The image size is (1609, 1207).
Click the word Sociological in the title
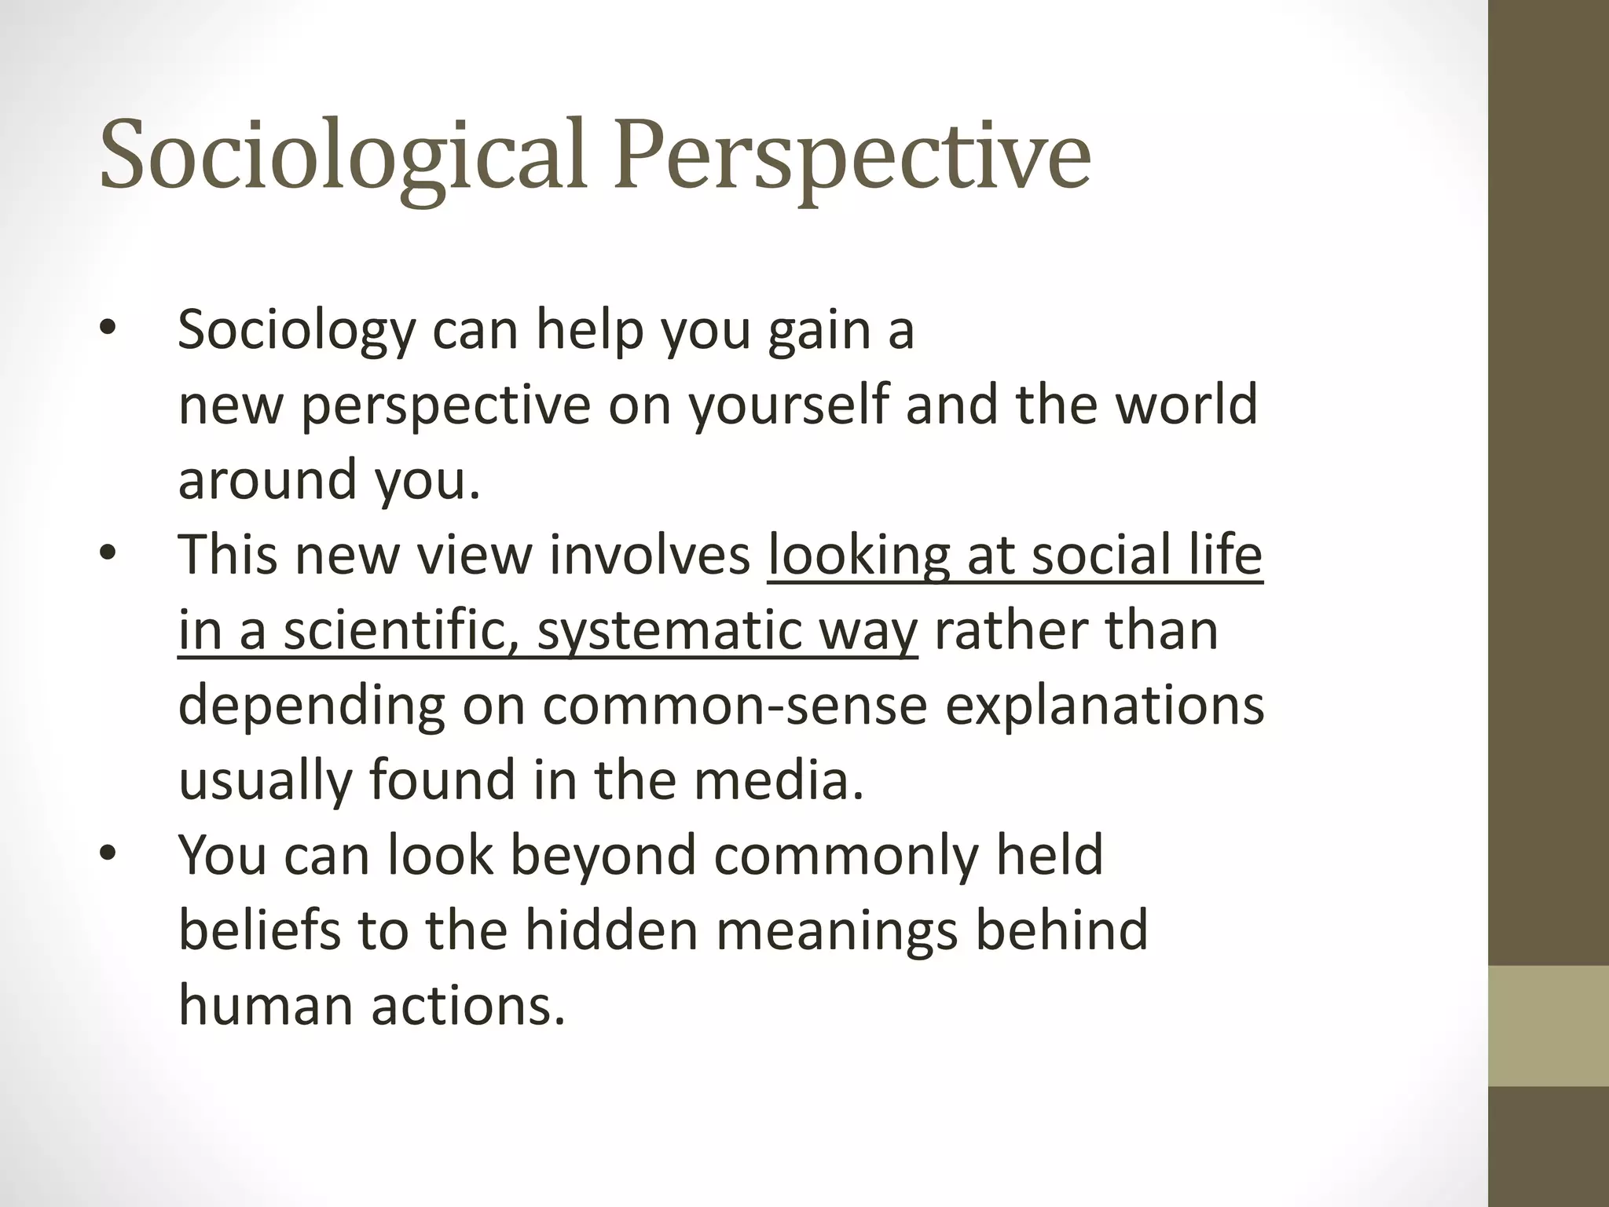pyautogui.click(x=343, y=155)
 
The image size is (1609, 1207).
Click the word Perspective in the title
pyautogui.click(x=852, y=155)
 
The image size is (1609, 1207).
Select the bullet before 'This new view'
pyautogui.click(x=108, y=555)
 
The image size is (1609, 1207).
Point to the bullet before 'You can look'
pyautogui.click(x=108, y=855)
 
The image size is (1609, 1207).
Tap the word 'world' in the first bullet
pyautogui.click(x=1186, y=405)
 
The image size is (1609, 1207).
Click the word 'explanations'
pyautogui.click(x=1105, y=706)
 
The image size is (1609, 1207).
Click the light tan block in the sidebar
pyautogui.click(x=1549, y=1025)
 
